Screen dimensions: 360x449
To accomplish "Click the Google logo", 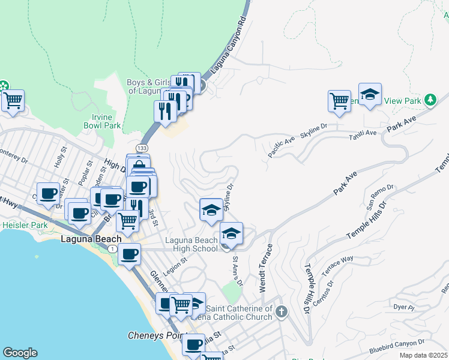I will click(x=20, y=353).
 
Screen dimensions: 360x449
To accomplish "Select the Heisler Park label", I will click(x=24, y=225).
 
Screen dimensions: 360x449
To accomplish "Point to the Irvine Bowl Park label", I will click(x=103, y=121).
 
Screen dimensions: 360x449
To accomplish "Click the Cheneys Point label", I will click(x=158, y=335).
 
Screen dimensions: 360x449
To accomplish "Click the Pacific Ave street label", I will click(x=281, y=147).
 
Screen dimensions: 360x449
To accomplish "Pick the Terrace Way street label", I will click(x=337, y=267).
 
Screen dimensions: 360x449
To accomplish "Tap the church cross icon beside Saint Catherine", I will click(x=282, y=311).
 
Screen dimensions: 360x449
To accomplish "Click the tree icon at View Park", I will click(x=430, y=100).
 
